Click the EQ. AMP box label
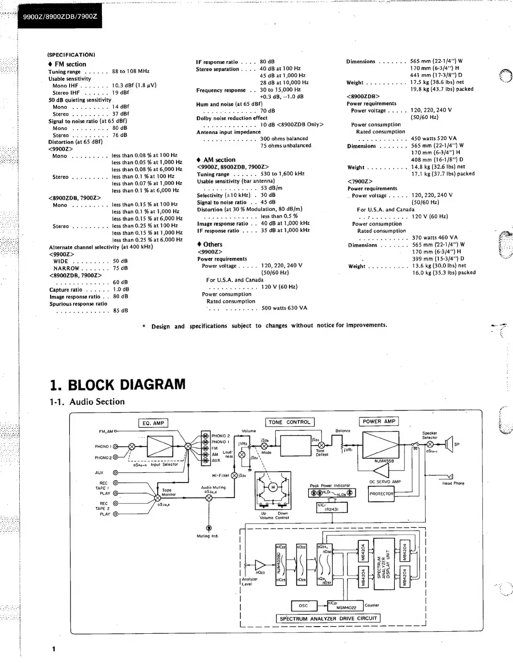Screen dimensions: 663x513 (x=153, y=423)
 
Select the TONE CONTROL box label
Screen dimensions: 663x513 (x=290, y=422)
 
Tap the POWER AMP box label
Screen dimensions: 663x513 (x=378, y=421)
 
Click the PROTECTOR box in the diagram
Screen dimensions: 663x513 (x=381, y=494)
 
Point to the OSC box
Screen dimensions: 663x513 (x=303, y=606)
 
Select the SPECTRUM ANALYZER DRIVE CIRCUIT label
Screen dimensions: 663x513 (x=328, y=618)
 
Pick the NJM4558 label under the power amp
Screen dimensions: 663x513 (x=384, y=461)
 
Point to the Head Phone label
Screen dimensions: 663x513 (x=453, y=483)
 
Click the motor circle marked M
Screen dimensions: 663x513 (x=273, y=487)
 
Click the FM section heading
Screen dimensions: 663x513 (x=70, y=64)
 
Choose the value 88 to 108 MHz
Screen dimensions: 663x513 (x=131, y=71)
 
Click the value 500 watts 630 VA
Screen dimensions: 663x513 (x=284, y=308)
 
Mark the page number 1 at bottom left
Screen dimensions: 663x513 (x=54, y=649)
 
